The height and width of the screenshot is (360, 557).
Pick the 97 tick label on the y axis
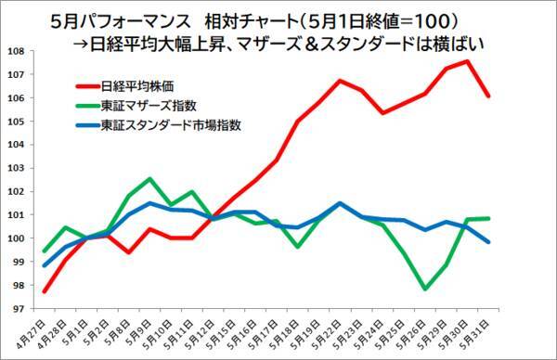[x=20, y=309]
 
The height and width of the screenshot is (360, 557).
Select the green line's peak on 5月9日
[x=149, y=178]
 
